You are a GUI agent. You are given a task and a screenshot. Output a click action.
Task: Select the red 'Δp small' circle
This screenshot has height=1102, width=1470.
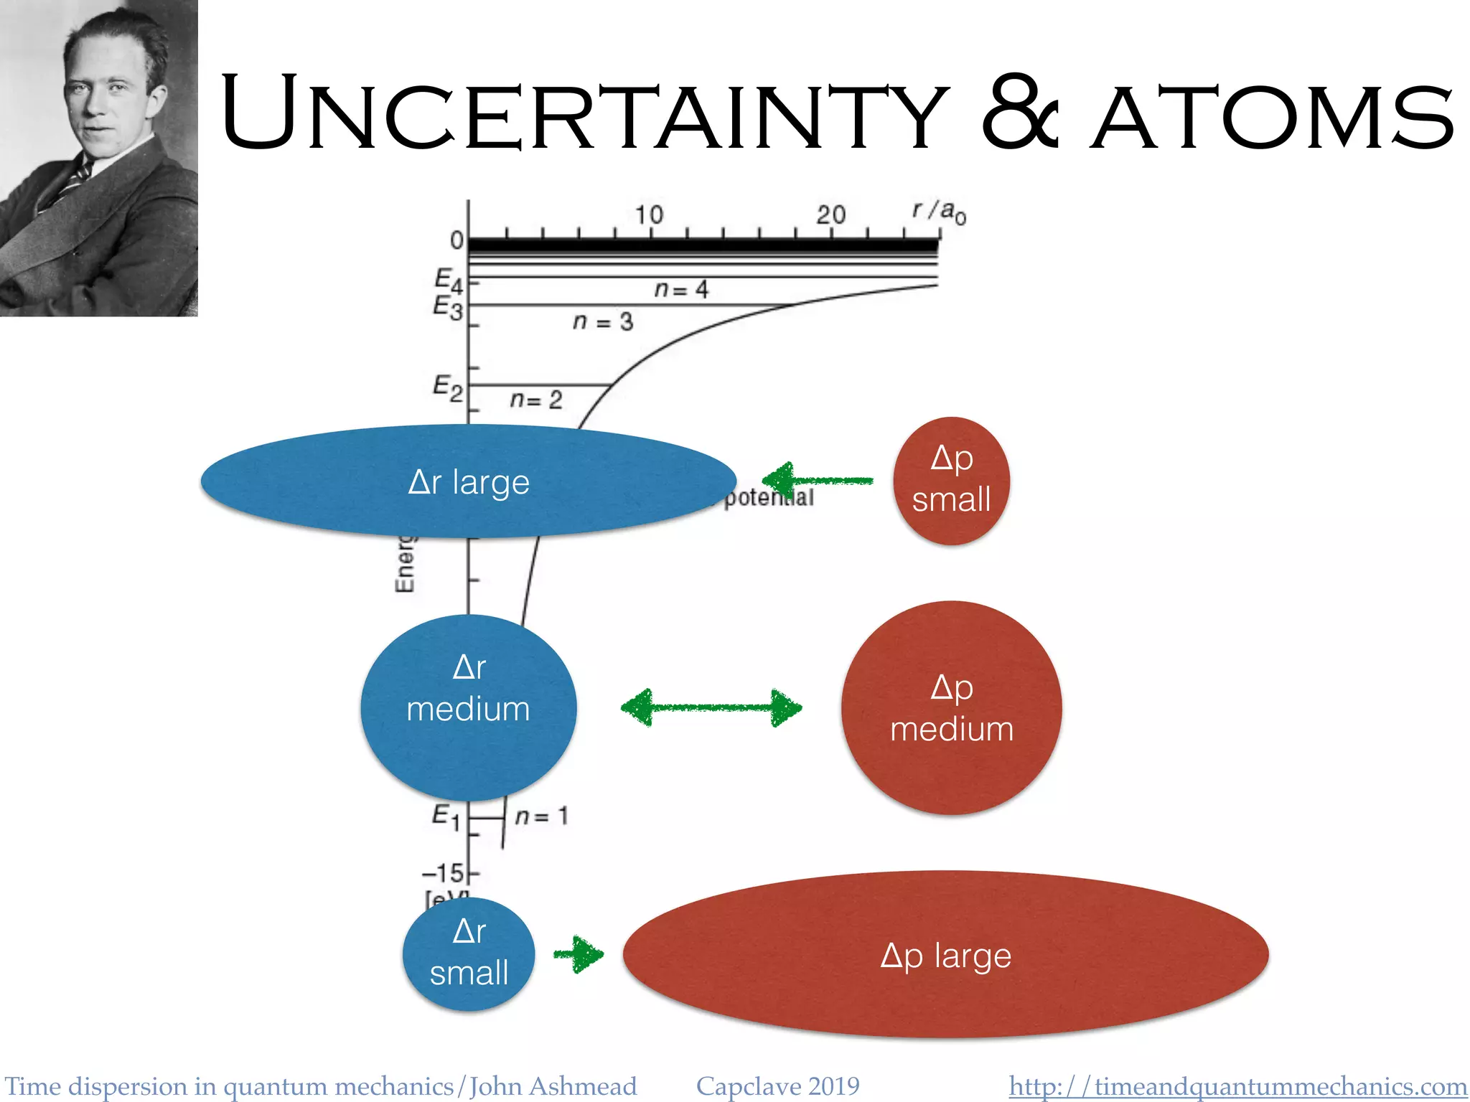951,480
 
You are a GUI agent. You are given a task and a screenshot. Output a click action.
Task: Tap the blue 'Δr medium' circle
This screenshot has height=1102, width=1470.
468,707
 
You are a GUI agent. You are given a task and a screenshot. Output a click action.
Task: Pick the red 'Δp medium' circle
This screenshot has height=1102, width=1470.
951,708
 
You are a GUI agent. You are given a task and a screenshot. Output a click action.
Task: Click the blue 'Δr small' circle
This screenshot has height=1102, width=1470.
468,953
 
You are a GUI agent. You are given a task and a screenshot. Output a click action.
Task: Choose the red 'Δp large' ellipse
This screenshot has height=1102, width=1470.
945,955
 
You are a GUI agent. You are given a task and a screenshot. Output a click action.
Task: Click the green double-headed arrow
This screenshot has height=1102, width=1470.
711,708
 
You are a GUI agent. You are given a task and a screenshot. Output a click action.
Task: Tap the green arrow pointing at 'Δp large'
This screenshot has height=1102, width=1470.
579,954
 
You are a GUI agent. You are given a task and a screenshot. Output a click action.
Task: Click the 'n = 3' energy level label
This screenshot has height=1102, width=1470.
603,321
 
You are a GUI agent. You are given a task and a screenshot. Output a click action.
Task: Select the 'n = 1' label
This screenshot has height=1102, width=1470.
542,816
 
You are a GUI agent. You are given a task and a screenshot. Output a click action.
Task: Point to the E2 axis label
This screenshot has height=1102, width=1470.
448,388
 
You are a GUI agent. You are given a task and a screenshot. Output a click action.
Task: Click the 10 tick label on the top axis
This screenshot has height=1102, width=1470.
648,215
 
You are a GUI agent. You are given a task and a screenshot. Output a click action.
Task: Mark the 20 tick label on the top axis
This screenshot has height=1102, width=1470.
830,215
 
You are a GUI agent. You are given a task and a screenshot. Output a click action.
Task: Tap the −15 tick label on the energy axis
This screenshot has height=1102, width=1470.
444,873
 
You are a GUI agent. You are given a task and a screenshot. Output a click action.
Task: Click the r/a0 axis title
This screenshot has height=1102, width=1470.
939,212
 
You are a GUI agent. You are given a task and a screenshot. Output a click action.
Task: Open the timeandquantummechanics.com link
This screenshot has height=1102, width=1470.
1237,1086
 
